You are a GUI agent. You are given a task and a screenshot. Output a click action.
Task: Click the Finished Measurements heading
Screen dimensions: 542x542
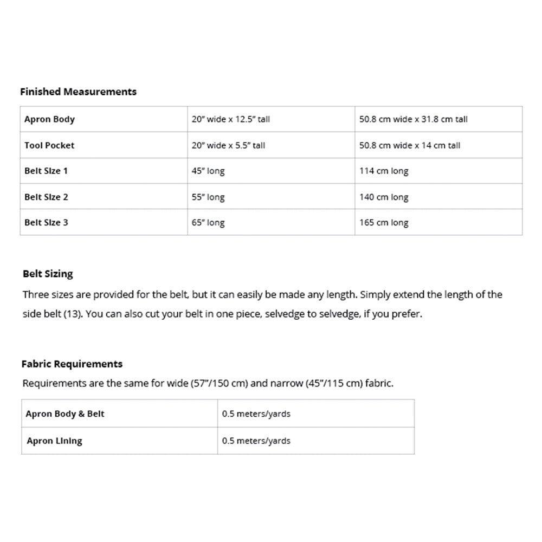pyautogui.click(x=78, y=92)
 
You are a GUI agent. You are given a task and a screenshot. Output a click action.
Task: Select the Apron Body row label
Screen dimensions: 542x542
pyautogui.click(x=49, y=119)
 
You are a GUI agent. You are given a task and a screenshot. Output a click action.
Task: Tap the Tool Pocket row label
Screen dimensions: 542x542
pyautogui.click(x=49, y=145)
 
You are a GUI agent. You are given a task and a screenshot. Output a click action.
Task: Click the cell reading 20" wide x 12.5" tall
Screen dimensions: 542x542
pyautogui.click(x=230, y=119)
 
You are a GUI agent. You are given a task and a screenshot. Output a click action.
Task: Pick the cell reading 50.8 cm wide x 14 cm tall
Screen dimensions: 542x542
pyautogui.click(x=409, y=145)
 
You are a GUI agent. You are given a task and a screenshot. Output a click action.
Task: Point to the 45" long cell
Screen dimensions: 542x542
pyautogui.click(x=208, y=171)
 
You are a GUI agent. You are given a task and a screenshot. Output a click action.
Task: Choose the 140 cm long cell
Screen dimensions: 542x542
pyautogui.click(x=384, y=197)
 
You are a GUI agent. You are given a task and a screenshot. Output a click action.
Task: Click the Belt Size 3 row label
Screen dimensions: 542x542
pyautogui.click(x=46, y=223)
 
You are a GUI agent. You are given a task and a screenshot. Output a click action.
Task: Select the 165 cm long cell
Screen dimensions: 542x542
pyautogui.click(x=384, y=223)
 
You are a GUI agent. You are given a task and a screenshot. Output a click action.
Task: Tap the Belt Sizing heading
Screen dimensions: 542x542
pyautogui.click(x=48, y=274)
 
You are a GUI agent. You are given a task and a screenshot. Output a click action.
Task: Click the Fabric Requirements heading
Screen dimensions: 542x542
pyautogui.click(x=72, y=364)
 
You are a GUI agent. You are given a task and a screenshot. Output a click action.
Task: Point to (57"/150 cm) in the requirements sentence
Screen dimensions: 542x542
pyautogui.click(x=219, y=384)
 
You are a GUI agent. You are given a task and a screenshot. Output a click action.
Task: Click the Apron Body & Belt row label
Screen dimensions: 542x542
pyautogui.click(x=65, y=414)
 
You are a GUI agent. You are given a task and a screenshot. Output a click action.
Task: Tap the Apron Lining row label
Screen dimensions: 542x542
pyautogui.click(x=54, y=441)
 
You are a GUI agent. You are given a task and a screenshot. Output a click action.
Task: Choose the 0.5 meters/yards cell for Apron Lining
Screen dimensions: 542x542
pyautogui.click(x=256, y=441)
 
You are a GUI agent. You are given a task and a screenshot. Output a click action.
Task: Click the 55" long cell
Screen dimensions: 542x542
pyautogui.click(x=208, y=197)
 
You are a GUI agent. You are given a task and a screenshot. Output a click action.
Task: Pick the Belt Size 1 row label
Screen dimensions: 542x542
pyautogui.click(x=46, y=171)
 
